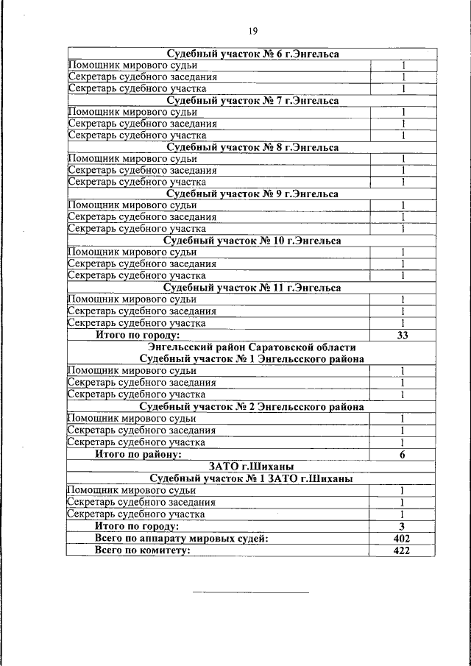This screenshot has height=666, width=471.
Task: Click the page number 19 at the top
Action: (252, 30)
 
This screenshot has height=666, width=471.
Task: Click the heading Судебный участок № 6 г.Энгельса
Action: (252, 54)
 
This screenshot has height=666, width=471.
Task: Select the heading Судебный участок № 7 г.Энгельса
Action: (252, 100)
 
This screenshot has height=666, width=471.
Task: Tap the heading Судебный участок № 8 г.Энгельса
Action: (252, 147)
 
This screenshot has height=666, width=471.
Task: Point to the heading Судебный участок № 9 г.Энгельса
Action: (252, 194)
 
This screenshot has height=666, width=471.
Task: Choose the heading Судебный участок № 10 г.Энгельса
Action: (252, 240)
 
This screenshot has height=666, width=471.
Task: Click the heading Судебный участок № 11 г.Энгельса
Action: (252, 287)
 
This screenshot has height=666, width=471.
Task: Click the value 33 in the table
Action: (403, 335)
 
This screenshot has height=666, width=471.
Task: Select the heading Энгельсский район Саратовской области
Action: (252, 347)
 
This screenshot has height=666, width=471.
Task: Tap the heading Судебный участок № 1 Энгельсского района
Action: (252, 358)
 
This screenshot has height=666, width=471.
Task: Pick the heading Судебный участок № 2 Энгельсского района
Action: (252, 406)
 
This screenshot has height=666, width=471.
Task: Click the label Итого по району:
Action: (138, 454)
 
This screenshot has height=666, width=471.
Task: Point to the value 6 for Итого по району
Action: (403, 454)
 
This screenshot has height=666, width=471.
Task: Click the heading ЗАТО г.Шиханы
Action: (252, 467)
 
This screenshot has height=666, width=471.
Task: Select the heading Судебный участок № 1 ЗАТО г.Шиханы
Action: (252, 478)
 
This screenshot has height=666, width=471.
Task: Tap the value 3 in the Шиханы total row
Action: (403, 527)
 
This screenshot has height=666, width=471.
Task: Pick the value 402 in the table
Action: (403, 539)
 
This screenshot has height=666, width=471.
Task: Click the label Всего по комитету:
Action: (138, 550)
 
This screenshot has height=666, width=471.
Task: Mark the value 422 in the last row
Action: (403, 550)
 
